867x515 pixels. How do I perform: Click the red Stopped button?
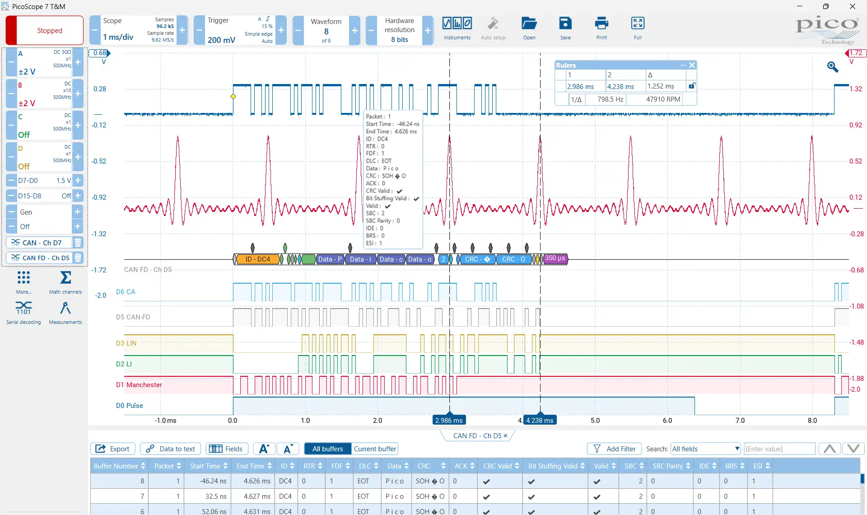click(x=44, y=30)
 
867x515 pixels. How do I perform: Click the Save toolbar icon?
click(x=565, y=23)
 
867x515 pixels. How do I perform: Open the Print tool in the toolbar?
click(x=601, y=23)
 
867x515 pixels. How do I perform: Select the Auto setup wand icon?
click(x=493, y=23)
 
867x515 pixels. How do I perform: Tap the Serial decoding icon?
click(x=23, y=308)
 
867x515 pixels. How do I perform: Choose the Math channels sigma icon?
click(x=65, y=277)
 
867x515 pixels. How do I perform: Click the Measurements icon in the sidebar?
click(x=65, y=308)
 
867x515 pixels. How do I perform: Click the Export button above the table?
click(x=113, y=449)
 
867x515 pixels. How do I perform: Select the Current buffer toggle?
click(x=375, y=449)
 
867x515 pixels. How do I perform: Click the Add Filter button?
click(x=615, y=449)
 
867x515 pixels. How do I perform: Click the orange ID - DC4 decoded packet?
click(x=257, y=259)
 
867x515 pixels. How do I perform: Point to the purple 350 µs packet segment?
click(x=555, y=259)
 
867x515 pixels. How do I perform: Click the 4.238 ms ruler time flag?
click(x=540, y=420)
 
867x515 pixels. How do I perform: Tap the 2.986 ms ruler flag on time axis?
click(x=449, y=420)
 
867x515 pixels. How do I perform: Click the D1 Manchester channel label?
click(x=139, y=385)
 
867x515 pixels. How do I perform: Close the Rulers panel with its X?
click(x=692, y=65)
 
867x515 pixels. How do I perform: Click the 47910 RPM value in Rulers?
click(x=663, y=99)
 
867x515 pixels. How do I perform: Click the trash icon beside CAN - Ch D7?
click(x=78, y=243)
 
